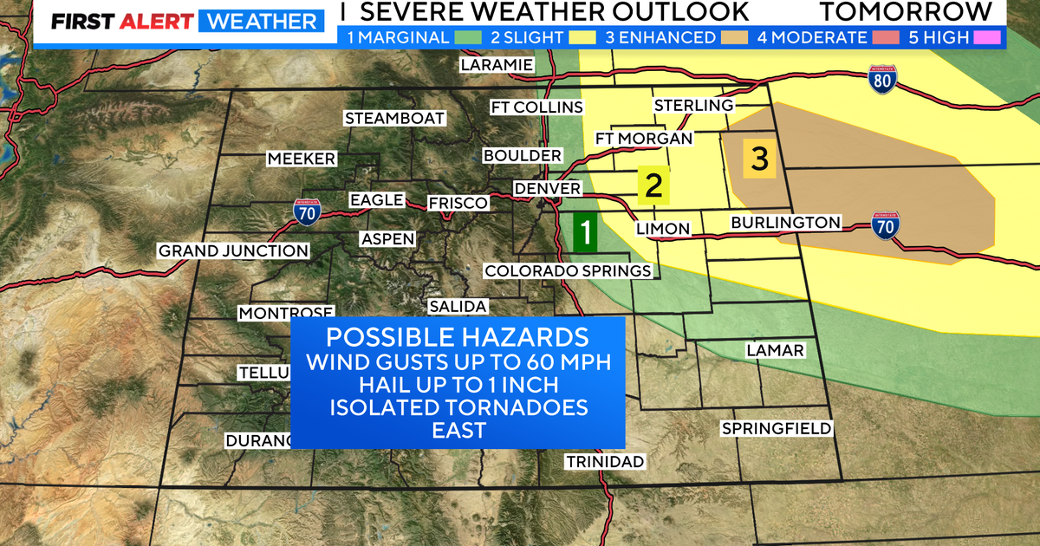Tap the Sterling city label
click(693, 105)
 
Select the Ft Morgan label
click(644, 139)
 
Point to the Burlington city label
click(785, 223)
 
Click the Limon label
click(663, 229)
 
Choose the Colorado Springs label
click(568, 271)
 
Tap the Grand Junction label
click(233, 251)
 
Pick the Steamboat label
click(394, 118)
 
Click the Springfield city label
click(777, 428)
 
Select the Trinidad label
click(605, 461)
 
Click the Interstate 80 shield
click(882, 80)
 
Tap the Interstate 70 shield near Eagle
click(306, 211)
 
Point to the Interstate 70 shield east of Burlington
click(885, 225)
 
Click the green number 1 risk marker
click(586, 232)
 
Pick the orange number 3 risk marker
click(759, 159)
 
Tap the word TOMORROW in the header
click(907, 11)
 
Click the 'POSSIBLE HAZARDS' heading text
click(457, 337)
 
